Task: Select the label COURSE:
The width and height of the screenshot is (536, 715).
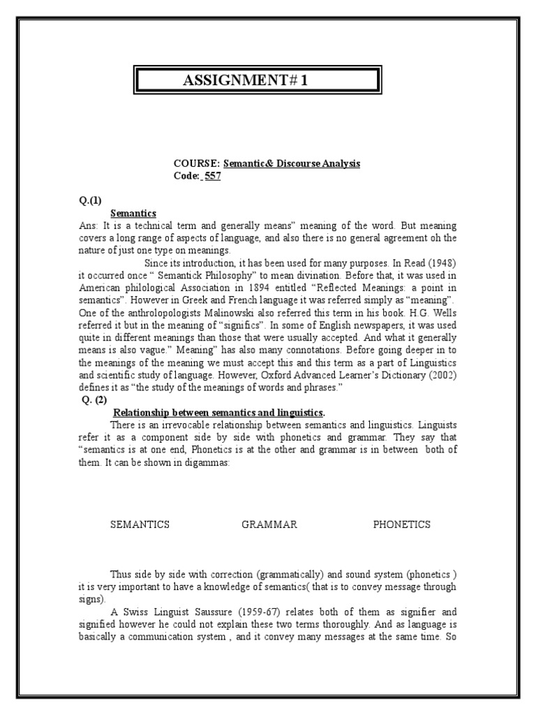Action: tap(197, 164)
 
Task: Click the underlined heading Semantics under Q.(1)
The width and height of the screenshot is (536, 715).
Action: tap(133, 213)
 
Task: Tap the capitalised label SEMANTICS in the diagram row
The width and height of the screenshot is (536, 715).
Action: tap(140, 524)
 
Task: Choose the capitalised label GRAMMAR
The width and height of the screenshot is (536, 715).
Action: tap(269, 524)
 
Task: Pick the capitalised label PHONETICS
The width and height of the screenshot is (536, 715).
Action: tap(401, 524)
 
